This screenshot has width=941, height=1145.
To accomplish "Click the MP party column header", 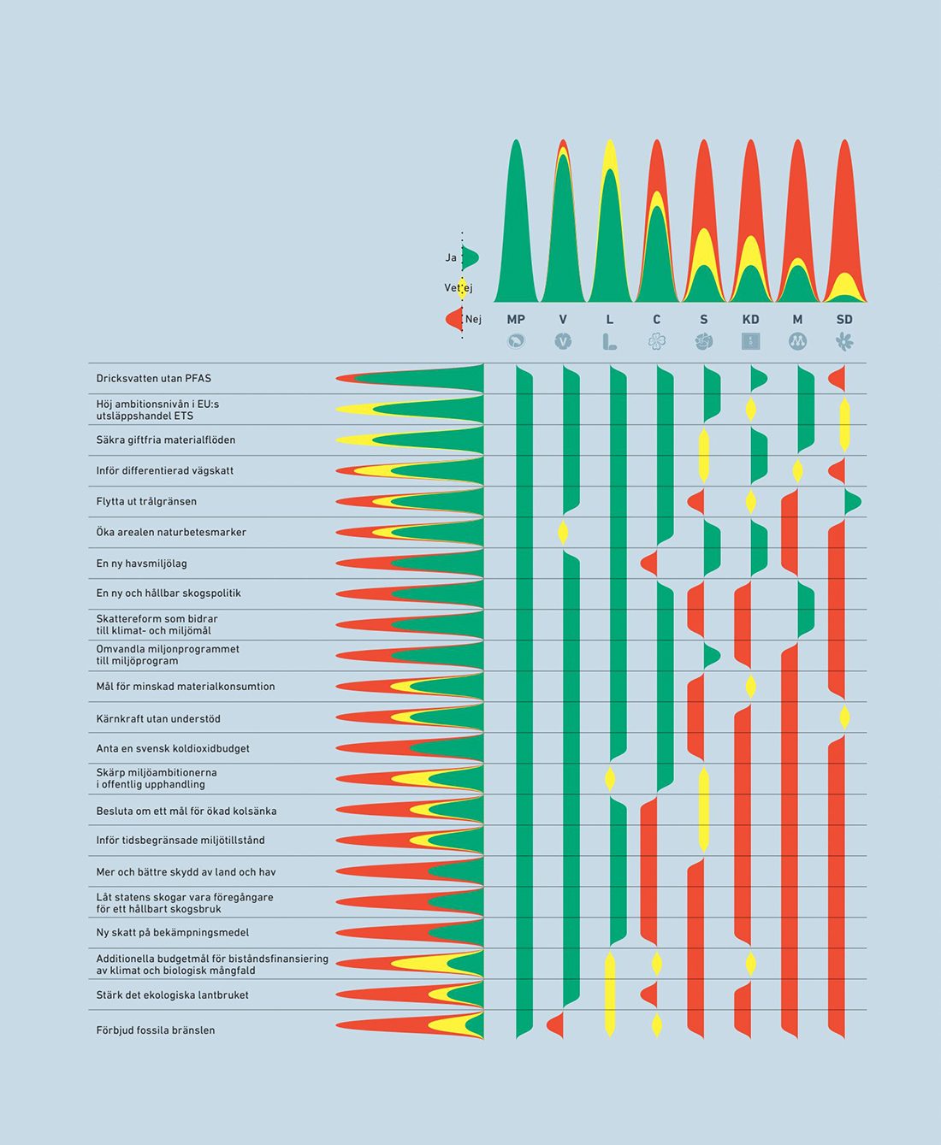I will tap(516, 319).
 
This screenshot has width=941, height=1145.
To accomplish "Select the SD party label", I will tap(844, 319).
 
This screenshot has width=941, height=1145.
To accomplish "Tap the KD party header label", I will tap(750, 319).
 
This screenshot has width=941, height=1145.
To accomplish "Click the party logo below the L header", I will tap(609, 341).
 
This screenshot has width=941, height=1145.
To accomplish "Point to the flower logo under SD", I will tap(844, 341).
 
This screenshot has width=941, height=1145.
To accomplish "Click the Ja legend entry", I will tap(451, 257).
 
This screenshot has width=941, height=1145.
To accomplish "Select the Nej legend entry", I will tap(473, 319).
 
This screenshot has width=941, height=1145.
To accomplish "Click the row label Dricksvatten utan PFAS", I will tap(154, 378).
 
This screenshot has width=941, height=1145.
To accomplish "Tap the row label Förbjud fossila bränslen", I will tap(156, 1030).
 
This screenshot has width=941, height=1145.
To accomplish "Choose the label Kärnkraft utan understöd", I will tap(158, 718).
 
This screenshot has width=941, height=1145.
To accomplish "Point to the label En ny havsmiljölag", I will tap(141, 564).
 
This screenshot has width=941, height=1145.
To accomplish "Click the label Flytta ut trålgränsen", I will tap(146, 501).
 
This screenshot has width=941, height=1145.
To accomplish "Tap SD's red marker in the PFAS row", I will tap(838, 378).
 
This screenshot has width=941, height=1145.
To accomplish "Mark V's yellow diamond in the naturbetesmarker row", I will tap(563, 532).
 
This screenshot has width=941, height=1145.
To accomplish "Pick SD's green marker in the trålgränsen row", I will tap(852, 501).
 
